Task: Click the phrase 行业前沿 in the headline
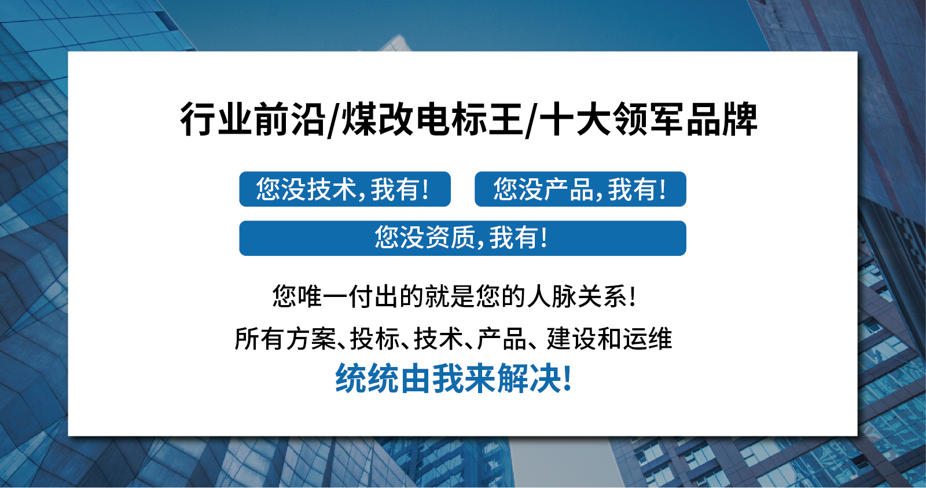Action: pyautogui.click(x=252, y=120)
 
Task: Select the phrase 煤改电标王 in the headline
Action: pyautogui.click(x=432, y=120)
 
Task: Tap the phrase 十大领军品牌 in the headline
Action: pyautogui.click(x=648, y=120)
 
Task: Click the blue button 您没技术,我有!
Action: pyautogui.click(x=345, y=189)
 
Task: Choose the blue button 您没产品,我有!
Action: pyautogui.click(x=580, y=189)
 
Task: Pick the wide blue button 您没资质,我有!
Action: pyautogui.click(x=462, y=238)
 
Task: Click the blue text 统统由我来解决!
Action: pyautogui.click(x=454, y=379)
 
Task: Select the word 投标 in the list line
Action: pyautogui.click(x=375, y=339)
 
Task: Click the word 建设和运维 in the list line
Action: pyautogui.click(x=609, y=339)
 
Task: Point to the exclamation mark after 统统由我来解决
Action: pyautogui.click(x=567, y=379)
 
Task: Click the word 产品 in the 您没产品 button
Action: pyautogui.click(x=568, y=189)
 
